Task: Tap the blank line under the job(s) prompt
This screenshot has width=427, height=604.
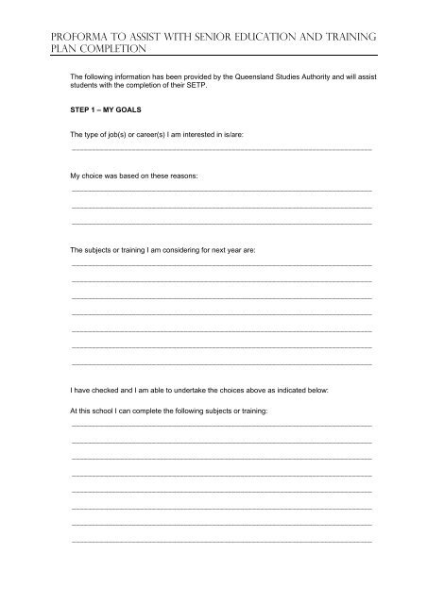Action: click(x=221, y=150)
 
